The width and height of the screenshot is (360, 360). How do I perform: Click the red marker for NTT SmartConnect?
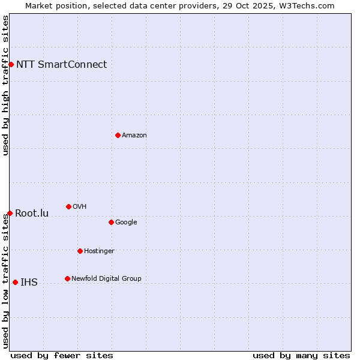click(x=11, y=64)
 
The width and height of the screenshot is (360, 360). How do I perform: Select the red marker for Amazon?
click(x=118, y=135)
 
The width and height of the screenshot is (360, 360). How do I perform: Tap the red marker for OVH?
click(x=68, y=206)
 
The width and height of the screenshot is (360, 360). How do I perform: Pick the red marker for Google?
click(x=111, y=222)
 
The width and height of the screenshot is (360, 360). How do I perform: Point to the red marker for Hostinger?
click(x=80, y=251)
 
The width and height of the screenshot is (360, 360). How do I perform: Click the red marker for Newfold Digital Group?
click(x=67, y=278)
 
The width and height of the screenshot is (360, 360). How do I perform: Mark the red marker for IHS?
click(x=15, y=282)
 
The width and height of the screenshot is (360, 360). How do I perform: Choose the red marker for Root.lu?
click(x=10, y=213)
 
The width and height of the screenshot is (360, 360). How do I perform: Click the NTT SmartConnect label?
click(x=61, y=65)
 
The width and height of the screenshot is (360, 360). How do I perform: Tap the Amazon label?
click(x=134, y=136)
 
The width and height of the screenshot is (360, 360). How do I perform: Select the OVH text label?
click(x=79, y=207)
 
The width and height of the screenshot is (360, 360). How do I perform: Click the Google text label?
click(x=126, y=223)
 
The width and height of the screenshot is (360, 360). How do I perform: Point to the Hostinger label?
click(x=99, y=251)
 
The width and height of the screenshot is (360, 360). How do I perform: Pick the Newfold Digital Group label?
click(x=106, y=279)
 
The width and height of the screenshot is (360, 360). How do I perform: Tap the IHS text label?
click(x=29, y=283)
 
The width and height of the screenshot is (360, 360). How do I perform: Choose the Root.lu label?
click(x=32, y=214)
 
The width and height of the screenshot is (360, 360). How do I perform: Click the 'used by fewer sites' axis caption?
click(x=62, y=355)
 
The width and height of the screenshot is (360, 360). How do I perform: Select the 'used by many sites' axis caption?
click(x=301, y=355)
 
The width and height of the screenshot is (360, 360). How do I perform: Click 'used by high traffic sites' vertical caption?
click(x=5, y=85)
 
